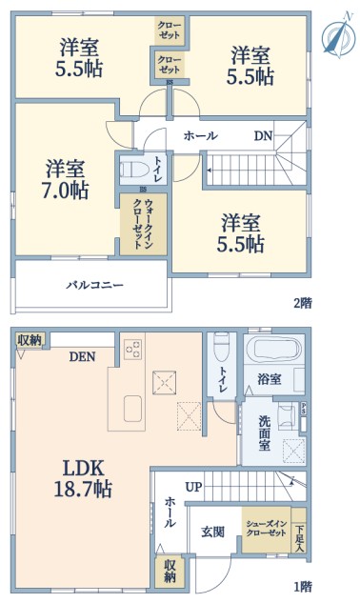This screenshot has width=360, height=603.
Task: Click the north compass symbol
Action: [x=338, y=36]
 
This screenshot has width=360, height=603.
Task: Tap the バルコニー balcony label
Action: [x=94, y=285]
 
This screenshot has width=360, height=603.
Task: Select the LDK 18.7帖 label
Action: [x=83, y=479]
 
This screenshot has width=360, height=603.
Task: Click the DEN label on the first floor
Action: [x=82, y=357]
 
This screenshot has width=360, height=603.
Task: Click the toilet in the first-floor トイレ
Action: [x=222, y=347]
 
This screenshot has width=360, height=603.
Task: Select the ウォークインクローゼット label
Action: [x=143, y=224]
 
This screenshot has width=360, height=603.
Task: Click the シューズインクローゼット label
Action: [x=266, y=529]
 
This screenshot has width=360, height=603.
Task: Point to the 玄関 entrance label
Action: [x=212, y=532]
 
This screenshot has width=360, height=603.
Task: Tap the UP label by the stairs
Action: [x=194, y=487]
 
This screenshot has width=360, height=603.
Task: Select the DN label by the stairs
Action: [x=263, y=136]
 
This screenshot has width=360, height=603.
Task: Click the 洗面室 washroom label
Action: [x=264, y=433]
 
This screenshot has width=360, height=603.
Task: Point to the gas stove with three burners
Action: [x=133, y=350]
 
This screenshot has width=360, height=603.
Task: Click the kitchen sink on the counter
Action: [x=132, y=409]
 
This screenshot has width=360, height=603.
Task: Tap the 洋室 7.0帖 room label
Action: [x=65, y=179]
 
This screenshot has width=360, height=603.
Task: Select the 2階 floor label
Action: [x=303, y=303]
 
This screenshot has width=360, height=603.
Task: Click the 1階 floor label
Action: [x=303, y=587]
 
